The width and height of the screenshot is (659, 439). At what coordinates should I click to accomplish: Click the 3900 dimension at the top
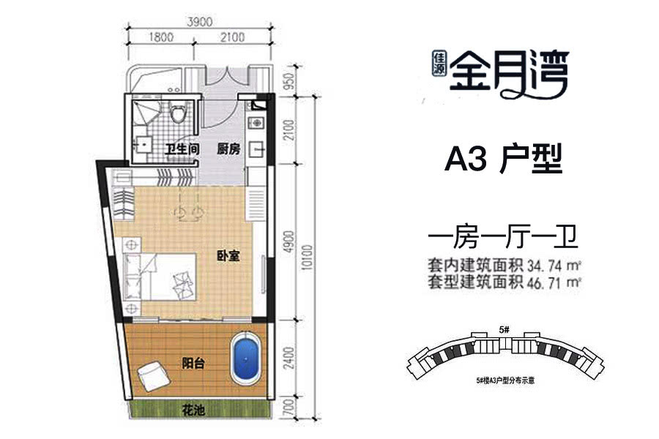[200, 21]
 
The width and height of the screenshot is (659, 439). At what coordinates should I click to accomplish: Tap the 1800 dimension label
[161, 37]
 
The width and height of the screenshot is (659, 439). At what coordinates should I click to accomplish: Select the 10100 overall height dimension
[308, 257]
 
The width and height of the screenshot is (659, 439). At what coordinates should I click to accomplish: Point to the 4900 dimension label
[288, 241]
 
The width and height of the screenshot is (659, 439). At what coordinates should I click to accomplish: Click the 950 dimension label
[289, 81]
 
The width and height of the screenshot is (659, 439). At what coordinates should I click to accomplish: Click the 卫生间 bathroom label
[182, 149]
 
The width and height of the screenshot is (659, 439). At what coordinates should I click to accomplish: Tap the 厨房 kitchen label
[228, 149]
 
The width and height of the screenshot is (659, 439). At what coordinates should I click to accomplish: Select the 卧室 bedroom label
[228, 256]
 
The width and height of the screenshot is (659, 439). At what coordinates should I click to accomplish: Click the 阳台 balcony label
[193, 363]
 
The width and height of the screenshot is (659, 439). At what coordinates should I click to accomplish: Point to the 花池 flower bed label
[193, 410]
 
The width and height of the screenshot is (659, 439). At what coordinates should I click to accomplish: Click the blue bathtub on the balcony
[246, 359]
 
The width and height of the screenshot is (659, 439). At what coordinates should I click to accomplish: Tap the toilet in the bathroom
[178, 111]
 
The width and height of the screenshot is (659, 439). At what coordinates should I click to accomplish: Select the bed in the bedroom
[160, 277]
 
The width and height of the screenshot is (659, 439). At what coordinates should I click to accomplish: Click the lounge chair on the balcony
[154, 377]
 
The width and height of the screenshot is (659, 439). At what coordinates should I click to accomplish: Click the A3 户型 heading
[503, 160]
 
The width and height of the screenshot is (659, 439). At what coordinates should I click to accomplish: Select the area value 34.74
[543, 266]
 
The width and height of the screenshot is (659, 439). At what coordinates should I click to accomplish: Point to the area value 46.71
[543, 282]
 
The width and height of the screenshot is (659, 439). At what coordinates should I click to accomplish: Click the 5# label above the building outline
[505, 330]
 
